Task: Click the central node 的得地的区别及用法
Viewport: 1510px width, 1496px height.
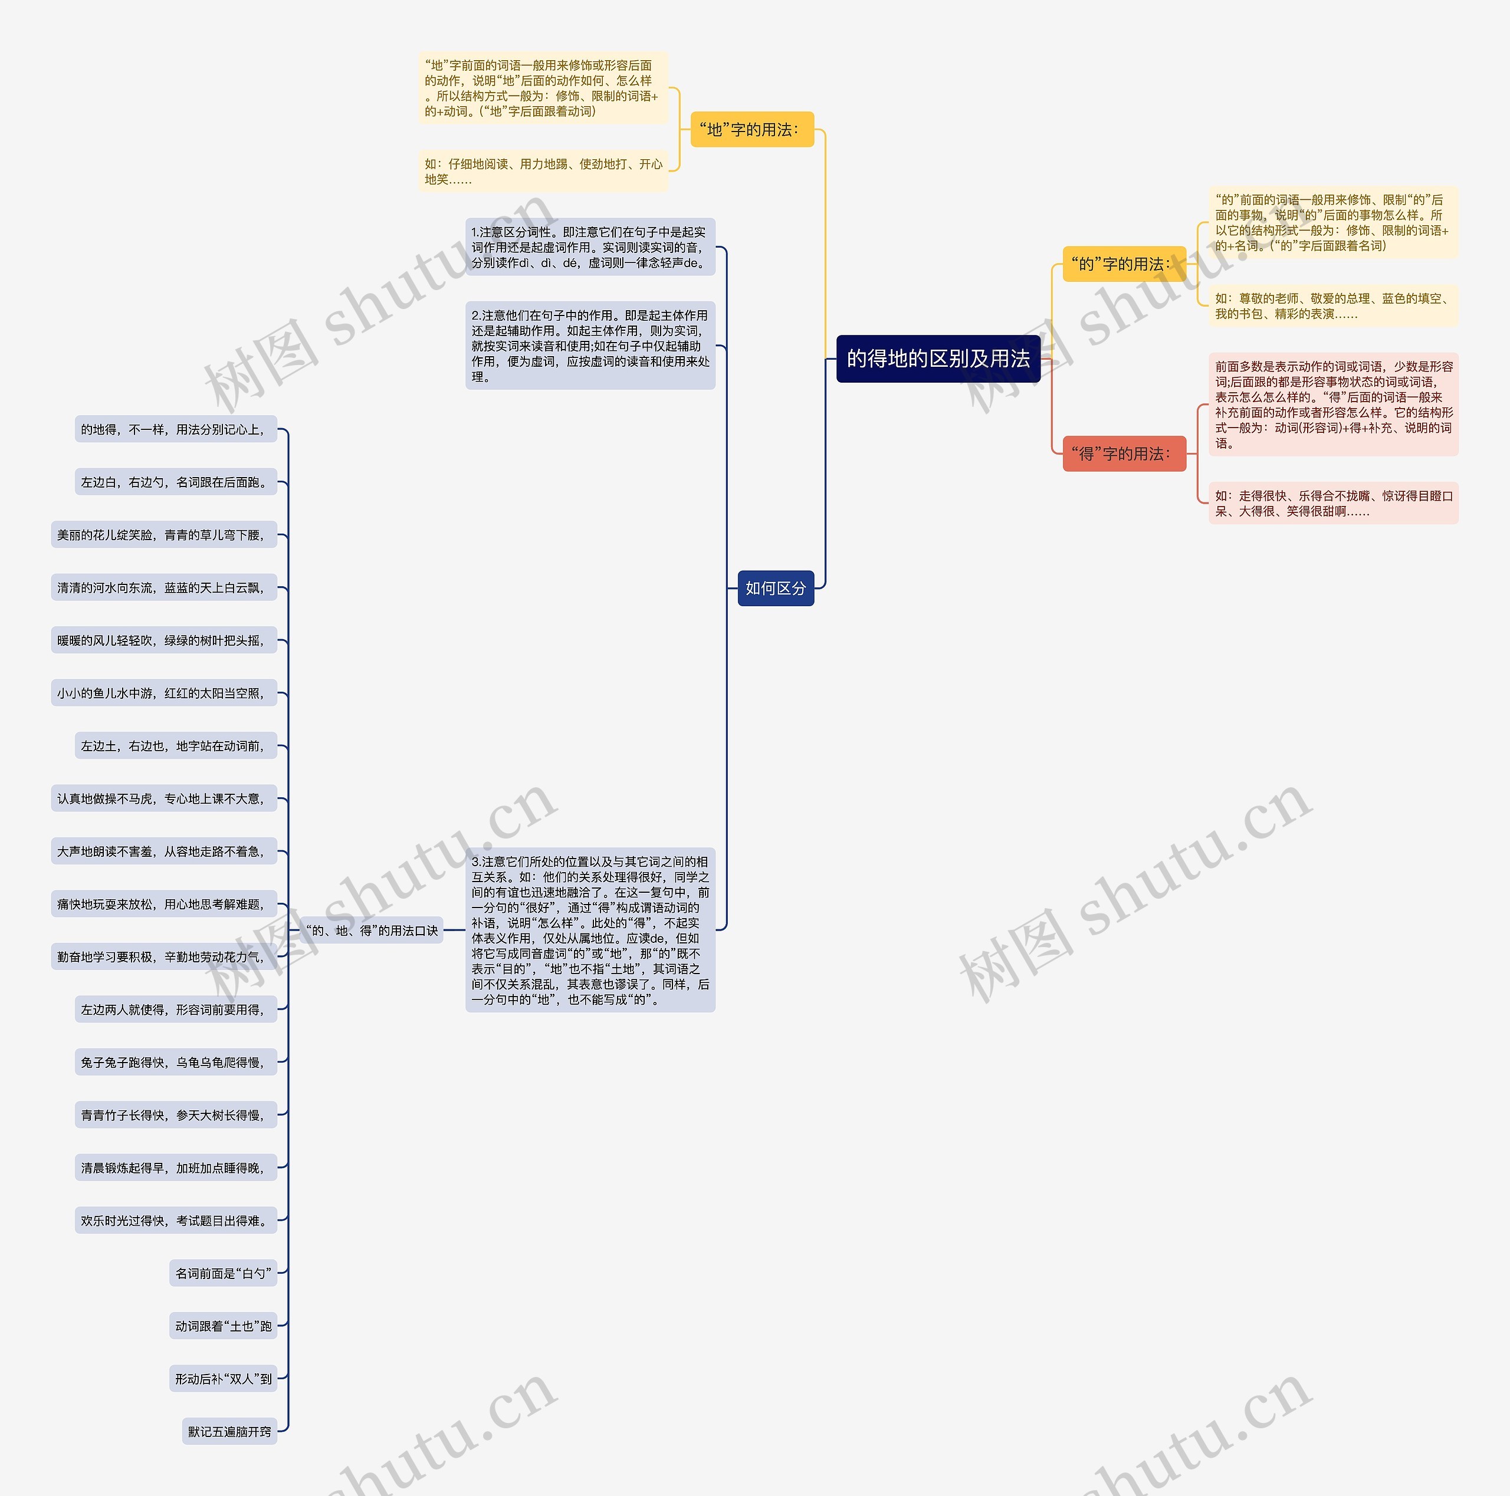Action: pyautogui.click(x=938, y=359)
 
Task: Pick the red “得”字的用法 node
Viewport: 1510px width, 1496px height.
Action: pyautogui.click(x=1123, y=454)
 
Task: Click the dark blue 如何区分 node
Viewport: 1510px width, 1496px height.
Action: pyautogui.click(x=775, y=587)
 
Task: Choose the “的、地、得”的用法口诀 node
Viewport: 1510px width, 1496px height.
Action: pyautogui.click(x=372, y=930)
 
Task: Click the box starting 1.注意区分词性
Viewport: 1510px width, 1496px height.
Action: pyautogui.click(x=590, y=247)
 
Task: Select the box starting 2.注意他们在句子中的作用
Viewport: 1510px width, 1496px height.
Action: pyautogui.click(x=590, y=346)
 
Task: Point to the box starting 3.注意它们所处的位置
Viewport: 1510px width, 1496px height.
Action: pyautogui.click(x=590, y=930)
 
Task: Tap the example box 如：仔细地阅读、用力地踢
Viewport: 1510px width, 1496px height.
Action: pyautogui.click(x=543, y=171)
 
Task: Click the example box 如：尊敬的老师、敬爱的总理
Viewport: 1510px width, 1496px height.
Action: pyautogui.click(x=1332, y=305)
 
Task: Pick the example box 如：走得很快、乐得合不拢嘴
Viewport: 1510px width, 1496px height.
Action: pyautogui.click(x=1332, y=503)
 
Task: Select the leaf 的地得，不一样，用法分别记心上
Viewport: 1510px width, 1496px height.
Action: pyautogui.click(x=176, y=429)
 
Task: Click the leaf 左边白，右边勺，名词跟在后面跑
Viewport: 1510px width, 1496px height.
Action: pyautogui.click(x=176, y=482)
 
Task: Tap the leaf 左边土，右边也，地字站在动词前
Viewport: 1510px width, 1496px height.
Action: pyautogui.click(x=176, y=745)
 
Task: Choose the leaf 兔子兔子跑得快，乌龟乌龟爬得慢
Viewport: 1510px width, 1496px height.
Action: pyautogui.click(x=176, y=1061)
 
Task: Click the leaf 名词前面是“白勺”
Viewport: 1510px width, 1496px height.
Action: pyautogui.click(x=224, y=1273)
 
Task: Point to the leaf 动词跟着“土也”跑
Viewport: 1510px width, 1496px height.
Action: pyautogui.click(x=224, y=1326)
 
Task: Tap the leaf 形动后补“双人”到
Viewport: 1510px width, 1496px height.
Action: pyautogui.click(x=224, y=1378)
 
